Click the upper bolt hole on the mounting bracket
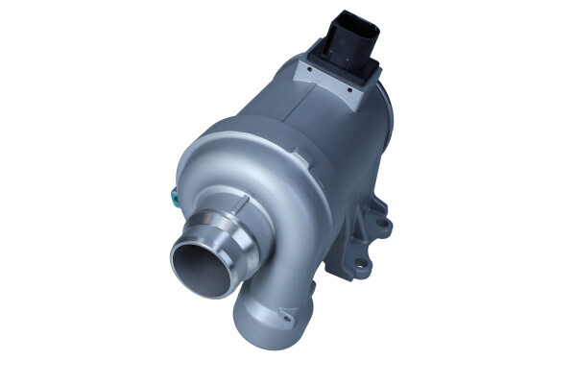[383, 224]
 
